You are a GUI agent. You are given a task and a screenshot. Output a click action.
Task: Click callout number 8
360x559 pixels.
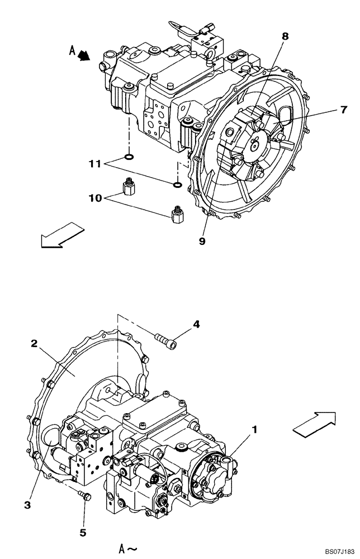click(285, 36)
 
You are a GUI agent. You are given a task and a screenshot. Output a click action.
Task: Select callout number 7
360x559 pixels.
click(343, 110)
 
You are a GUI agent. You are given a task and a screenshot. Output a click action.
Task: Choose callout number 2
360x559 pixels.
click(34, 343)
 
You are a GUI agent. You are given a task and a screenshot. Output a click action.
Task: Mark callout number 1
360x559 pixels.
click(254, 429)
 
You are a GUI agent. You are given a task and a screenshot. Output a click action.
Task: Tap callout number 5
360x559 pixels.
click(83, 532)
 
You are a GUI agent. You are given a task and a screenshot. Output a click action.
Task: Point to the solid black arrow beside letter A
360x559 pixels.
click(85, 55)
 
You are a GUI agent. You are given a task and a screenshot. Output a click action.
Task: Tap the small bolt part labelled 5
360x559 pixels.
click(84, 495)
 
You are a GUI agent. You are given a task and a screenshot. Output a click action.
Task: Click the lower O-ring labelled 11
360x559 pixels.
click(177, 185)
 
